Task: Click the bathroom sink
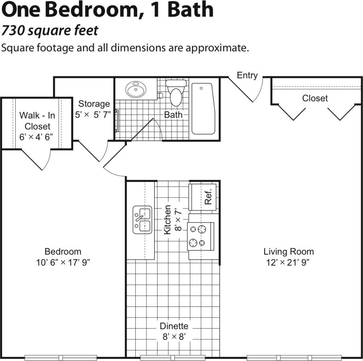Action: (136, 89)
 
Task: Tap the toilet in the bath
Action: (176, 94)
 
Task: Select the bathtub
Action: (203, 108)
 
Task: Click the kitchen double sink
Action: (143, 220)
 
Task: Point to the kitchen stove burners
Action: (198, 236)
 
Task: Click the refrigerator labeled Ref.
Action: (204, 196)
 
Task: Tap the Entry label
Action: (247, 75)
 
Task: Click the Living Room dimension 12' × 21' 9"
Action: (289, 263)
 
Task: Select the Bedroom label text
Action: (63, 251)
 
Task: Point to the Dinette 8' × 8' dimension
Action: (173, 337)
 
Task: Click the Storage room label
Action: (94, 104)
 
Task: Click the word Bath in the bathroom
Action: (173, 115)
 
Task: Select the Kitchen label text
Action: (167, 219)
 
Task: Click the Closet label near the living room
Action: (315, 98)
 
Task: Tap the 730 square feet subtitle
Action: (50, 31)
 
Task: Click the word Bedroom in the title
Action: (88, 10)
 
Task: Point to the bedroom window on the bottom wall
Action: (61, 357)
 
